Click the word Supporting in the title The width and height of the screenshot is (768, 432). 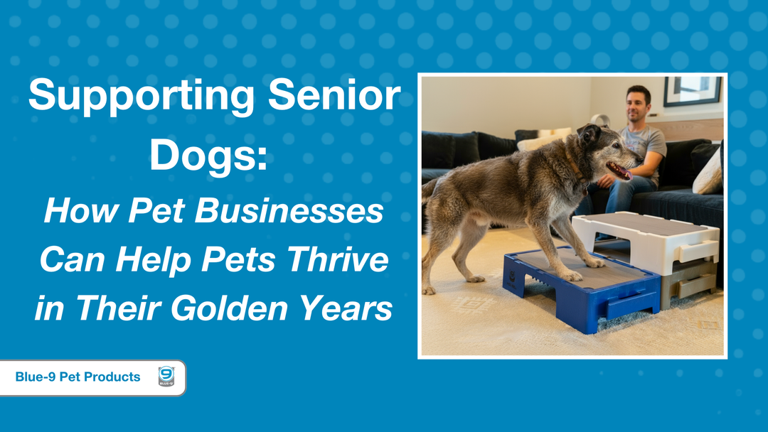point(139,97)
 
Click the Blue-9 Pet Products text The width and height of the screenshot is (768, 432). point(78,377)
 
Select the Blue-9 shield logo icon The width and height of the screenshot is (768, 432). point(166,377)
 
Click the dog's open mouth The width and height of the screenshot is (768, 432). point(619,171)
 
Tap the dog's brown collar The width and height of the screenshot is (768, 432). point(573,171)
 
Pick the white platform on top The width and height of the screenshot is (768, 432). point(644,238)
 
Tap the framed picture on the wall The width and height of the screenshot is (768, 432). point(692,90)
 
